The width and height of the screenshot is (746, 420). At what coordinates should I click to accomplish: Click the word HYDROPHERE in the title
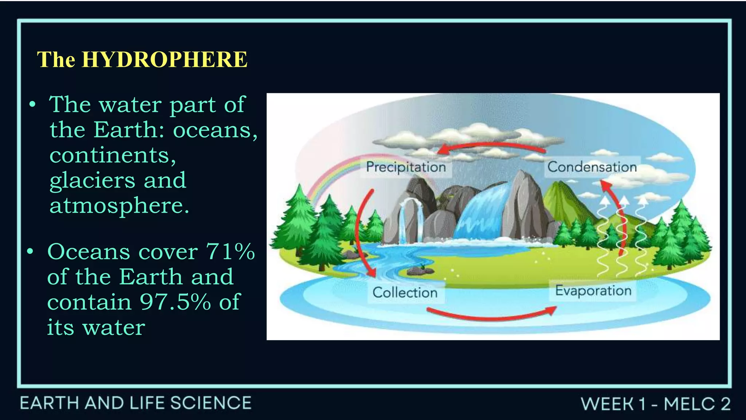click(165, 59)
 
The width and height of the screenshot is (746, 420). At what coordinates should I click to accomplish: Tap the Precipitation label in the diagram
click(406, 167)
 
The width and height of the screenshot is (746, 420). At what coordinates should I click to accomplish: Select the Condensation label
click(592, 167)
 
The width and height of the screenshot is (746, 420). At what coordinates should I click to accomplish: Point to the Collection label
click(405, 292)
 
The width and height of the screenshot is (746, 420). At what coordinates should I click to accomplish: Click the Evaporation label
click(593, 291)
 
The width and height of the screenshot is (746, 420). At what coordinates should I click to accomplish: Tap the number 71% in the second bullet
click(231, 252)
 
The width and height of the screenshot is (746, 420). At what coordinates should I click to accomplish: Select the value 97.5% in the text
click(175, 302)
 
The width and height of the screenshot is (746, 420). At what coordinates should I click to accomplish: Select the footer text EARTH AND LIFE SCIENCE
click(136, 403)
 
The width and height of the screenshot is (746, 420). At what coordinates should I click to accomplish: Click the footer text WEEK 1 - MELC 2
click(655, 404)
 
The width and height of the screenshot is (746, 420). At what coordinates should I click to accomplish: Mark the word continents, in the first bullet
click(113, 155)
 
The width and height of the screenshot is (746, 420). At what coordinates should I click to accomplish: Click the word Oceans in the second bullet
click(89, 252)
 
